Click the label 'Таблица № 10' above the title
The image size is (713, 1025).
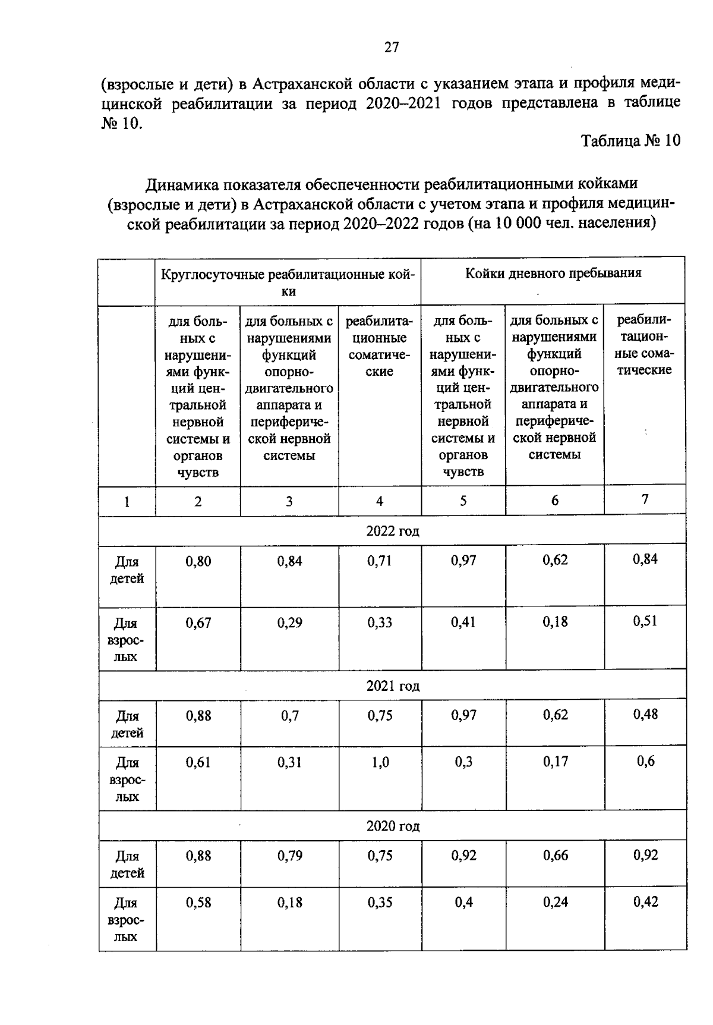click(x=630, y=141)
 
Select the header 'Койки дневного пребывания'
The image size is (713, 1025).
click(x=553, y=273)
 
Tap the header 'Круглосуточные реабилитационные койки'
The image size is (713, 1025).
click(x=288, y=282)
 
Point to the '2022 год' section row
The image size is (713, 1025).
click(x=393, y=531)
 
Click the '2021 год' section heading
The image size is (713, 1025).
click(x=393, y=686)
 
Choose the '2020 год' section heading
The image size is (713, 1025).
click(x=393, y=826)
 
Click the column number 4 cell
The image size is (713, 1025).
click(x=380, y=501)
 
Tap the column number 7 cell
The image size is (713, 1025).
click(x=645, y=499)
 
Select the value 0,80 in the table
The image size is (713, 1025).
click(x=198, y=561)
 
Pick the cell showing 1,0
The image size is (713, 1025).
click(x=380, y=762)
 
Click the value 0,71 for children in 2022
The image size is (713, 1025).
click(x=380, y=561)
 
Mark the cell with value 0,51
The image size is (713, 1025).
click(x=645, y=621)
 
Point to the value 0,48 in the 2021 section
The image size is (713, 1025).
click(x=645, y=714)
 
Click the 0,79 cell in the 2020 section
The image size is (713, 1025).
click(x=289, y=856)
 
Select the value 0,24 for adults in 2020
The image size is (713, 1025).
click(x=555, y=902)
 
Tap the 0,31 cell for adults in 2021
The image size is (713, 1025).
click(x=289, y=762)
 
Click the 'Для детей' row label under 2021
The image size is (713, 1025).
click(x=127, y=724)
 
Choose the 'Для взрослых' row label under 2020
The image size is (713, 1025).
click(x=127, y=920)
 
